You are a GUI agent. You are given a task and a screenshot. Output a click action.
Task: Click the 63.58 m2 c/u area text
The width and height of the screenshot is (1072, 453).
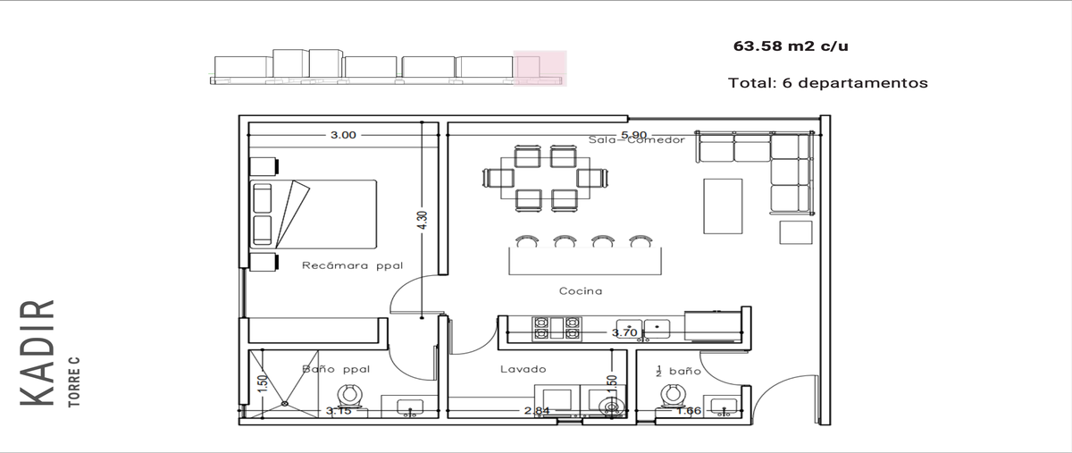tap(791, 46)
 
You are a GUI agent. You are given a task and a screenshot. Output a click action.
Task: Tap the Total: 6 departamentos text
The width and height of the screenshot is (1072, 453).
tap(828, 83)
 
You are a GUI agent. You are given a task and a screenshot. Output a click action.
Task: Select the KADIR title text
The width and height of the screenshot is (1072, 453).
tap(37, 353)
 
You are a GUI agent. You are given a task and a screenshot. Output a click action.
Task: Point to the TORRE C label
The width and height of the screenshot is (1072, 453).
tap(73, 382)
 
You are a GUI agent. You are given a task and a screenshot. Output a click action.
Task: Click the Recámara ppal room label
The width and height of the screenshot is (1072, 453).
tap(353, 265)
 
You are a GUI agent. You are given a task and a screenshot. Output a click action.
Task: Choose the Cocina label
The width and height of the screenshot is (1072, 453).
tap(581, 290)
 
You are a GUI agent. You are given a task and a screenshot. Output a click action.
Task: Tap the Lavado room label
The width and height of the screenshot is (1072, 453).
tap(523, 369)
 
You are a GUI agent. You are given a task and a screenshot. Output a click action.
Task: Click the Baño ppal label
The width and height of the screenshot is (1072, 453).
tap(336, 369)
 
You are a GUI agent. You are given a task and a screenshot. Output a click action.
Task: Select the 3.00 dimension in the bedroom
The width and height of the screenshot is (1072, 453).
tap(343, 135)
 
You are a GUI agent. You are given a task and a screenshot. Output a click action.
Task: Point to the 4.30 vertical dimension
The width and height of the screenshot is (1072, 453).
tap(422, 221)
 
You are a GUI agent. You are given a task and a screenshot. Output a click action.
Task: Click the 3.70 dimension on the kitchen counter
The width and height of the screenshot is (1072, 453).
tap(624, 332)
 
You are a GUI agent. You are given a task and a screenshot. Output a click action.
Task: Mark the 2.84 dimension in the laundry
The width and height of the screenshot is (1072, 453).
tap(537, 410)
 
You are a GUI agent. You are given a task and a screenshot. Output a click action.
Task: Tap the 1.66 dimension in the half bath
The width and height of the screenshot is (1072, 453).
tap(688, 410)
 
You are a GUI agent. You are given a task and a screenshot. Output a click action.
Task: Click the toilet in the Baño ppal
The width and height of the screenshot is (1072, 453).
tap(350, 398)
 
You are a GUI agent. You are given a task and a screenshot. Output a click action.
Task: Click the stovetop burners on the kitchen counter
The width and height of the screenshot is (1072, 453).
tap(557, 328)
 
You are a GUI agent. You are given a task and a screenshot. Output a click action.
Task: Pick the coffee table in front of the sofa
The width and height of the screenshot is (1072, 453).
tap(723, 206)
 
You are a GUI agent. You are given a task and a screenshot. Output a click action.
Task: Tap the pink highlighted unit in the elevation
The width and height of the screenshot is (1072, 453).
tap(540, 69)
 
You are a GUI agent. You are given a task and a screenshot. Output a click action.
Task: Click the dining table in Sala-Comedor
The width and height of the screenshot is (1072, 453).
tap(545, 178)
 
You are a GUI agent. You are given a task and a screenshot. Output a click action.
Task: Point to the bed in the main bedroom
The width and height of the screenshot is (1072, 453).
tap(313, 214)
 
